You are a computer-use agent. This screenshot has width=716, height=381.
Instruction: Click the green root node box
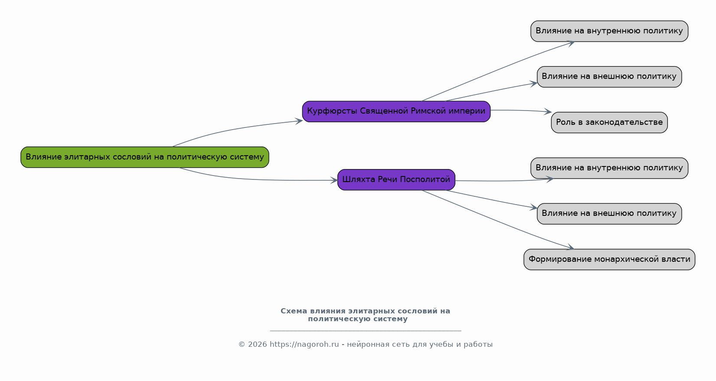(x=145, y=157)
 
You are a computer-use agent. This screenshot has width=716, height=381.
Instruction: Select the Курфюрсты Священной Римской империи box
(x=396, y=111)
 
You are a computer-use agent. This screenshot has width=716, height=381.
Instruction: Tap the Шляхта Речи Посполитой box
(x=396, y=180)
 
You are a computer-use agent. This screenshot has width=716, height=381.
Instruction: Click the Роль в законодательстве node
(x=609, y=123)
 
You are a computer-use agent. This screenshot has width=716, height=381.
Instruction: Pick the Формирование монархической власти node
(x=609, y=260)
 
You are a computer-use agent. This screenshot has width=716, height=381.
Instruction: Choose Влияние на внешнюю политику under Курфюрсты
(x=609, y=77)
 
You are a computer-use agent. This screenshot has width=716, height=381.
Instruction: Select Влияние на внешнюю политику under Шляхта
(x=609, y=214)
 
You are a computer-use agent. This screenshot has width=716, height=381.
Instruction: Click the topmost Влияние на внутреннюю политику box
(x=609, y=31)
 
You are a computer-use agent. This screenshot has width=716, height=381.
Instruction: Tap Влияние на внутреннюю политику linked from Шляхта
(x=609, y=168)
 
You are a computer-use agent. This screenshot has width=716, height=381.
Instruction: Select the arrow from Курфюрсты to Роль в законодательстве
(x=521, y=111)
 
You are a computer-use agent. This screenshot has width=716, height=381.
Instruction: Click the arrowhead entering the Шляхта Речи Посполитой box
(x=334, y=180)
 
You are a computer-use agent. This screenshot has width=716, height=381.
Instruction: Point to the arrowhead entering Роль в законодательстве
(x=548, y=112)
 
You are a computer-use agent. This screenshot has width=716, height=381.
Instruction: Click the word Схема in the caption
(x=294, y=311)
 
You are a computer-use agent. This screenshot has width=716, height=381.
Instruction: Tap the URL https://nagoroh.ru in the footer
(x=304, y=345)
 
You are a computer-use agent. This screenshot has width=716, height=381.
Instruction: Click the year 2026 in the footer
(x=257, y=345)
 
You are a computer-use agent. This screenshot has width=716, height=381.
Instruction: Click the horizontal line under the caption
(x=366, y=331)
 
